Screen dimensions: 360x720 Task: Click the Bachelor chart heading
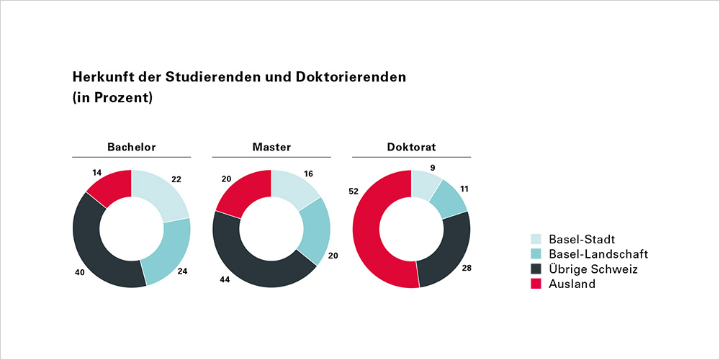pos(132,148)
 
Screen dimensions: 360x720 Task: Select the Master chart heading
pos(271,148)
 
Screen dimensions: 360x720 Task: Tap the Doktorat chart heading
pos(411,148)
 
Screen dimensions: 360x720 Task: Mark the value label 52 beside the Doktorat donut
pos(354,192)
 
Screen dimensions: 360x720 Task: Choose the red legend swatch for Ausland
pos(536,284)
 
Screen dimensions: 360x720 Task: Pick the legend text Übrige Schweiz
pos(593,269)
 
